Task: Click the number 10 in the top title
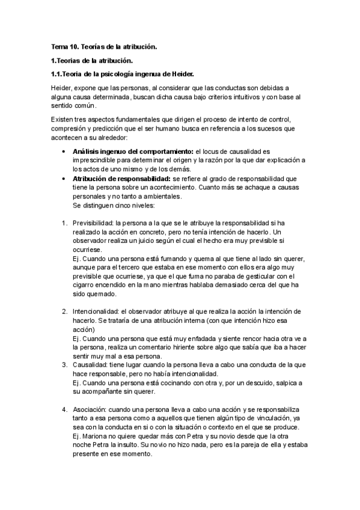coord(73,46)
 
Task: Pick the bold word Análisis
coord(89,150)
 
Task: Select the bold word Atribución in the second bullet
coord(93,179)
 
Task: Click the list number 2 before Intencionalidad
coord(64,311)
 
